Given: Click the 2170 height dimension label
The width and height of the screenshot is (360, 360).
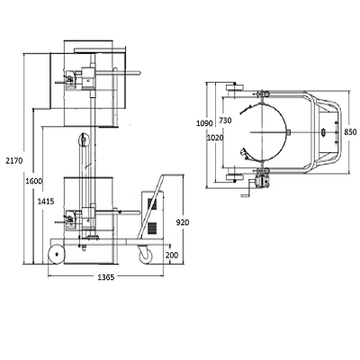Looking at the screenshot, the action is click(x=14, y=161).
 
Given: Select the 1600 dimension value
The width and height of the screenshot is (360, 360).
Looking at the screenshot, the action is click(x=34, y=181).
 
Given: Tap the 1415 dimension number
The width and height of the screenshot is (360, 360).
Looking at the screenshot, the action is click(x=46, y=202).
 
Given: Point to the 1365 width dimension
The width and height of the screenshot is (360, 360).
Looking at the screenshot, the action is click(x=106, y=277).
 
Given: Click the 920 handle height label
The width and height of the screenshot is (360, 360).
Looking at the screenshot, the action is click(x=183, y=222).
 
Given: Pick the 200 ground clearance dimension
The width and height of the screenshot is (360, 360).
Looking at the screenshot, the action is click(x=172, y=256).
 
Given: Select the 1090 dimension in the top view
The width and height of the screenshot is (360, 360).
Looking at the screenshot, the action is click(x=204, y=123).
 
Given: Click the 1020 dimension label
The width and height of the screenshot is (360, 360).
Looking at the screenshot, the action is click(x=215, y=138).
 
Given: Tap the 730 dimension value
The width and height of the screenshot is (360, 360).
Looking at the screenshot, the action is click(x=225, y=121).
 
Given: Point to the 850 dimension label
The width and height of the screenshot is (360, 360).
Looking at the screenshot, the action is click(x=350, y=132).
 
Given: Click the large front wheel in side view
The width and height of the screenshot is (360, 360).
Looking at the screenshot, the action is click(x=57, y=255).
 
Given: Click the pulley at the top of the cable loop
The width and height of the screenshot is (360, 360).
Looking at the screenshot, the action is click(x=84, y=139).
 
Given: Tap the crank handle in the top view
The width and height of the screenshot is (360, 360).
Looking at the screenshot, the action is click(x=247, y=191).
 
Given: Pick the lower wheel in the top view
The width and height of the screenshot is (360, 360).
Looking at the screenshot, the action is click(x=235, y=177).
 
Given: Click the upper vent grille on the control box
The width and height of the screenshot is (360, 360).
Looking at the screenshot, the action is click(x=152, y=204).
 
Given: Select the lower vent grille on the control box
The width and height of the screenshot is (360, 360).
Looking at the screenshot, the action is click(x=152, y=229).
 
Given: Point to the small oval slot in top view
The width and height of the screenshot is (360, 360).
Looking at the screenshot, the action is click(x=323, y=132).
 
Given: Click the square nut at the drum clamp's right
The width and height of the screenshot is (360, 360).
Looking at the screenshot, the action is click(x=288, y=132).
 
